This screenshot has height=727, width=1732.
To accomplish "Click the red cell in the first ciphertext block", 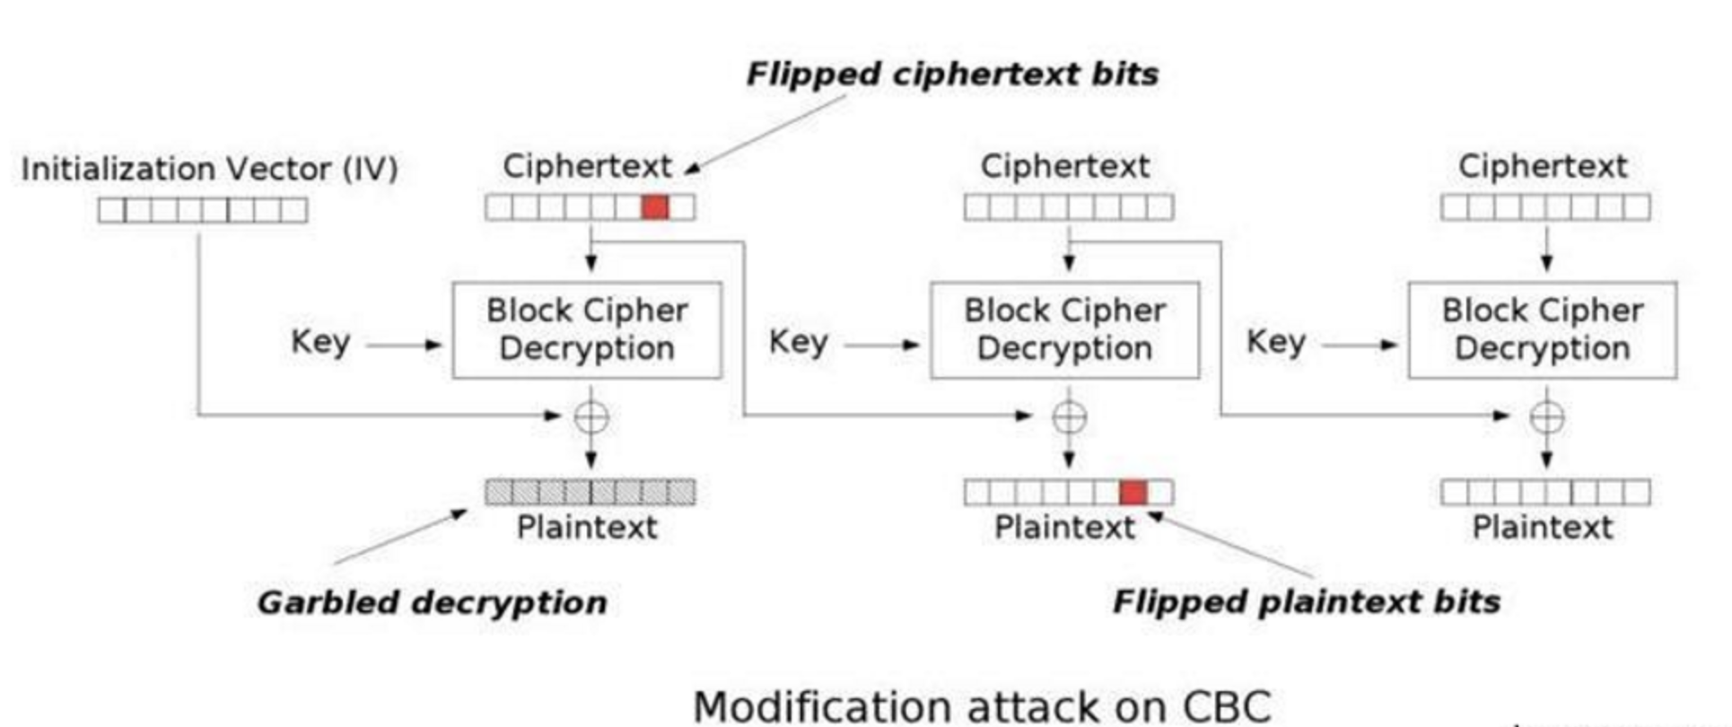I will pyautogui.click(x=655, y=207).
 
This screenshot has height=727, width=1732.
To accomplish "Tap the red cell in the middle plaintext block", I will pyautogui.click(x=1133, y=492).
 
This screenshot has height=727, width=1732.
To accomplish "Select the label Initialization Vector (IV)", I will pyautogui.click(x=209, y=169).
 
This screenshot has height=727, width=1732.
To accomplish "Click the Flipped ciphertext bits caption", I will pyautogui.click(x=952, y=74).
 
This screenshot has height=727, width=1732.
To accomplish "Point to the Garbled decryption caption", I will pyautogui.click(x=432, y=601).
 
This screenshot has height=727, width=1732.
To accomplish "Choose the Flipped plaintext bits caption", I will pyautogui.click(x=1306, y=600).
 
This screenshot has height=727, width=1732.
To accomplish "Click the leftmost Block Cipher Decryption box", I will pyautogui.click(x=587, y=330).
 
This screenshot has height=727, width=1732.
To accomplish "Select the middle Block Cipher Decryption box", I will pyautogui.click(x=1064, y=330).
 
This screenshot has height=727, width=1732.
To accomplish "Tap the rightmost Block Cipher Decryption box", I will pyautogui.click(x=1542, y=330).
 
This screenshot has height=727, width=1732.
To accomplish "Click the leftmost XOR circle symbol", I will pyautogui.click(x=590, y=416).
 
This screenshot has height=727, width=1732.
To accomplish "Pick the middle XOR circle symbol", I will pyautogui.click(x=1068, y=416).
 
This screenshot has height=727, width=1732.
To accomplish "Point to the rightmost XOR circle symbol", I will pyautogui.click(x=1545, y=416).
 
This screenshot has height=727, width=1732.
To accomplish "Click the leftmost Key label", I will pyautogui.click(x=319, y=342).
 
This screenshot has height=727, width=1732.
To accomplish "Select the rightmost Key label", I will pyautogui.click(x=1275, y=342).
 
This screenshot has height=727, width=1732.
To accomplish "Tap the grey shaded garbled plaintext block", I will pyautogui.click(x=590, y=492).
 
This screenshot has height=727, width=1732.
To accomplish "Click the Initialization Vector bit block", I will pyautogui.click(x=202, y=210).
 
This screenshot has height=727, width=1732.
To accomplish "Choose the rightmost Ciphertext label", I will pyautogui.click(x=1542, y=166).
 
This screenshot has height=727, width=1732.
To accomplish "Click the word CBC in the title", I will pyautogui.click(x=1226, y=706).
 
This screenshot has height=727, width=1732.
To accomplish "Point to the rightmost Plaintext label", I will pyautogui.click(x=1542, y=527).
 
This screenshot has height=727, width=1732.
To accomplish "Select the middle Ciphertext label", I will pyautogui.click(x=1064, y=166).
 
